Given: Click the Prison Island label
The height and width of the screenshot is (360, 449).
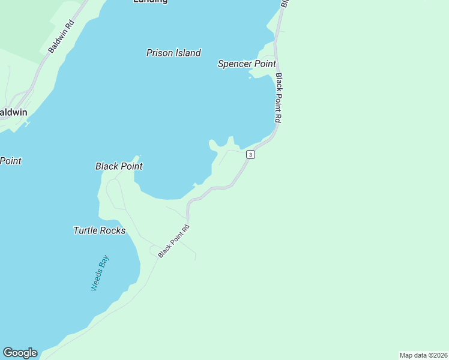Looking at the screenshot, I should click(173, 53).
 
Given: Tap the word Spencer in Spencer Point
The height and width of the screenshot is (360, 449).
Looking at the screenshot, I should click(235, 64).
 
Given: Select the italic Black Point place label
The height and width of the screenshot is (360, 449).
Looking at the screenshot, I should click(119, 166).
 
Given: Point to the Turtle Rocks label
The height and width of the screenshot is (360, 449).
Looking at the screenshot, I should click(100, 230).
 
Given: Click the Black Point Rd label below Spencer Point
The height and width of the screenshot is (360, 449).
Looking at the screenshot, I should click(279, 98).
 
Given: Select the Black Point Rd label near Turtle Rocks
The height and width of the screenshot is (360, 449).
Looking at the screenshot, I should click(174, 241).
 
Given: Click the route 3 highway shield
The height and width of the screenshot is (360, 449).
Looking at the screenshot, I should click(250, 155).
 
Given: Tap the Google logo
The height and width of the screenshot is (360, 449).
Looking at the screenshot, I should click(20, 353).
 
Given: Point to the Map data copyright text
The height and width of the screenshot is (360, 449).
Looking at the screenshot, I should click(423, 355).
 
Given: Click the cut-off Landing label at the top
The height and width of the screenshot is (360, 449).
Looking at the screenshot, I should click(150, 2).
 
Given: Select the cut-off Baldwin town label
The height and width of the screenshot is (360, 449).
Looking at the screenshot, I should click(13, 112).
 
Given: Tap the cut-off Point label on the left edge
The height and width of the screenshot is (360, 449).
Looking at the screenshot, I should click(10, 161).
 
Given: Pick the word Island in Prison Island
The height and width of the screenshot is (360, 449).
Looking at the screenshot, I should click(187, 53).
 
